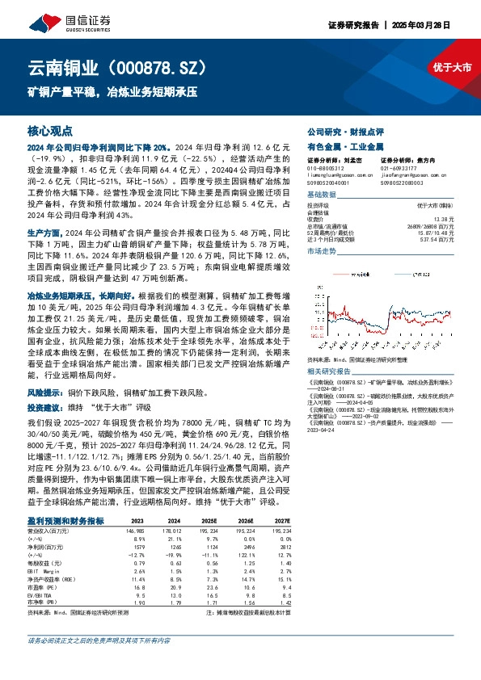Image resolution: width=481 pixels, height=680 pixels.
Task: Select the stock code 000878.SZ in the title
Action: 162,66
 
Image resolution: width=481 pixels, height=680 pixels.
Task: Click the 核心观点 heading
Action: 50,130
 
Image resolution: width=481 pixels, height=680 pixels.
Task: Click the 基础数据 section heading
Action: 322,195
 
